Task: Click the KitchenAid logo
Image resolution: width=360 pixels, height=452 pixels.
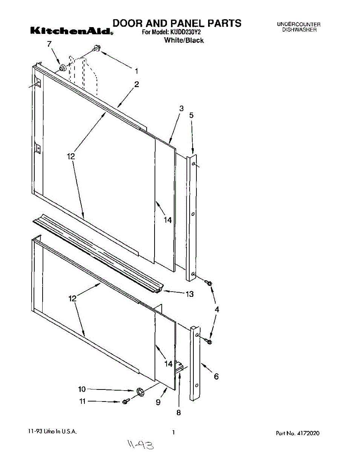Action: coord(71,31)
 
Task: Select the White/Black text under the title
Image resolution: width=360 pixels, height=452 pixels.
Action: coord(184,40)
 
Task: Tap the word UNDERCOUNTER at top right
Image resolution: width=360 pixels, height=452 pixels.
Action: coord(299,24)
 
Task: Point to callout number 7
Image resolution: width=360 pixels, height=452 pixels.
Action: coord(49,44)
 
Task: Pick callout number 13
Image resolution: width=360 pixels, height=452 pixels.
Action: coord(190,294)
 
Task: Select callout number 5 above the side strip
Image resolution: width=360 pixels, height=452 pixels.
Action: coord(191,116)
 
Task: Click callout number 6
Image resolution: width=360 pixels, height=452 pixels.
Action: coord(216,376)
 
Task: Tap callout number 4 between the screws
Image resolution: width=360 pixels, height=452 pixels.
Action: coord(217,309)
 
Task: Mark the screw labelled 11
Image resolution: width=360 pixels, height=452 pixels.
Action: coord(126,402)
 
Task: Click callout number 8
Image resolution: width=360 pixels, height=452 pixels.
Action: coord(179,412)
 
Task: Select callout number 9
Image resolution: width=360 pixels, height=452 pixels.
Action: coord(158,402)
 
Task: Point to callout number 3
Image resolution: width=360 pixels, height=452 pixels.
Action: coord(181,108)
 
